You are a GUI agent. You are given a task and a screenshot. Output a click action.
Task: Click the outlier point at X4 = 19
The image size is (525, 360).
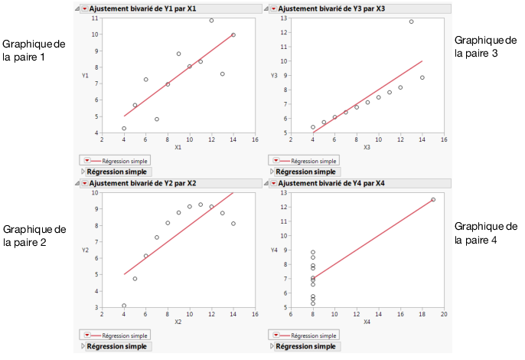[x=433, y=199]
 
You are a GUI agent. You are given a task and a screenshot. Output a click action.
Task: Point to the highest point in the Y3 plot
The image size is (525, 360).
[x=411, y=21]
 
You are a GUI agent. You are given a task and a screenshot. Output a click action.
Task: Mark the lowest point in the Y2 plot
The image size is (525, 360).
[x=124, y=306]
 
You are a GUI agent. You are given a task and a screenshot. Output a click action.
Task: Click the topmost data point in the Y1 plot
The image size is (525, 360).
[x=212, y=20]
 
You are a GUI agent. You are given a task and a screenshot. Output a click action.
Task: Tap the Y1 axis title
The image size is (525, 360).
[x=86, y=75]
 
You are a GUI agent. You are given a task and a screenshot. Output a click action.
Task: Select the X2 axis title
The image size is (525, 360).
[x=178, y=322]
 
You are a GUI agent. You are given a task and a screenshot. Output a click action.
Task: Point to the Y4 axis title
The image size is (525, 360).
[x=275, y=250]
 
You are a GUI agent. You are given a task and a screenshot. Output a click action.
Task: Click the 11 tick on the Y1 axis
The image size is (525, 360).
[x=94, y=18]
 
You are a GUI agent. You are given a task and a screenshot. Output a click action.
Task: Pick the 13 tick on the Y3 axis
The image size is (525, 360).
[x=283, y=18]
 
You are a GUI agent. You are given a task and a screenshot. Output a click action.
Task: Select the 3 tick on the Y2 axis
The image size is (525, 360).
[x=96, y=308]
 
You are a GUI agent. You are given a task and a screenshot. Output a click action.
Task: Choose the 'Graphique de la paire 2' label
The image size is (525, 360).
[x=34, y=235]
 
